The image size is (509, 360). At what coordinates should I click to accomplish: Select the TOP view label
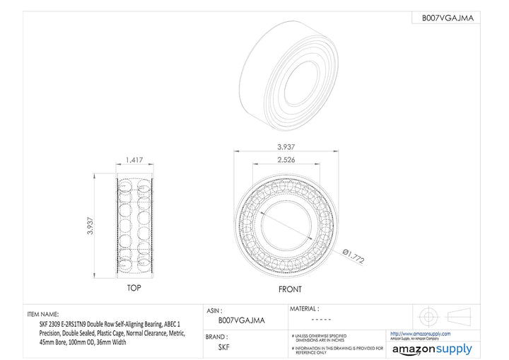133,289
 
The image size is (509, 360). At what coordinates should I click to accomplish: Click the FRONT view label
289,289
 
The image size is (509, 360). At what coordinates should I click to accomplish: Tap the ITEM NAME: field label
43,314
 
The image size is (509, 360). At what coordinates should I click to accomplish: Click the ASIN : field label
215,310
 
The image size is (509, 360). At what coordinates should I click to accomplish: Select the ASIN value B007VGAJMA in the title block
242,320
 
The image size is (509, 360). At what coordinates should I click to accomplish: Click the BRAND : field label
217,336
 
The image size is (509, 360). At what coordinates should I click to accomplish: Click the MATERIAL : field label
305,308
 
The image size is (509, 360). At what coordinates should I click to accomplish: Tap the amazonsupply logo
432,349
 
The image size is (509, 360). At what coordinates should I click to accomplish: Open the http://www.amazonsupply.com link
421,334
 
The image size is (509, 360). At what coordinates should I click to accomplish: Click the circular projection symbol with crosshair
428,315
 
